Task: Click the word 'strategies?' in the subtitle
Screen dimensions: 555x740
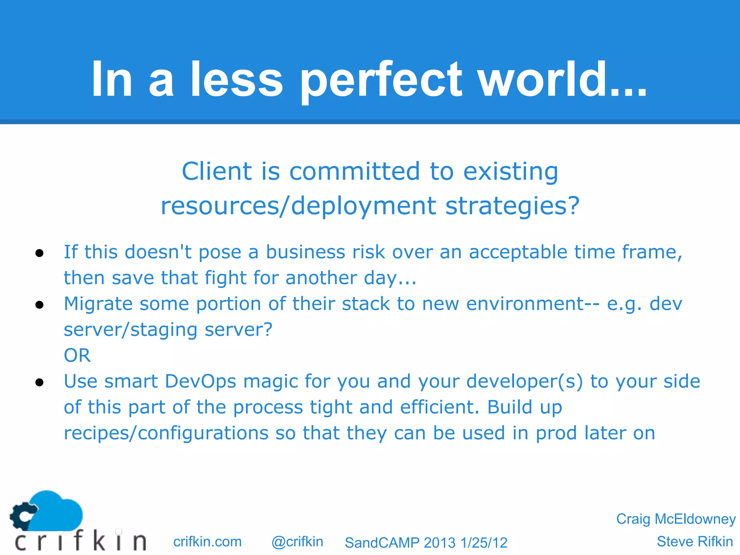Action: [x=512, y=206]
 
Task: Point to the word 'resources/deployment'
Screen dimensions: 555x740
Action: [x=298, y=206]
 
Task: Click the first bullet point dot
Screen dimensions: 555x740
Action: [x=40, y=253]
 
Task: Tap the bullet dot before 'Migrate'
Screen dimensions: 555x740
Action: [x=40, y=305]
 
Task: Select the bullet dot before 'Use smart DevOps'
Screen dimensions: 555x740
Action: [x=40, y=382]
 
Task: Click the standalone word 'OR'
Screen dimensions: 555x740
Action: [x=77, y=356]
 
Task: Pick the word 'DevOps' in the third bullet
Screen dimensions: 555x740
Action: [x=201, y=382]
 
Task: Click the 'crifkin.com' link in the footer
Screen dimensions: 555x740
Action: [x=207, y=542]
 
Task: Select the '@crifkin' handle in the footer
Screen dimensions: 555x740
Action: [x=297, y=542]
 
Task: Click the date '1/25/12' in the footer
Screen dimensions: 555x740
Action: [x=484, y=543]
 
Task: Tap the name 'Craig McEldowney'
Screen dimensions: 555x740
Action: [x=676, y=519]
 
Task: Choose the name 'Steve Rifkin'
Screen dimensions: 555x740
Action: [x=694, y=542]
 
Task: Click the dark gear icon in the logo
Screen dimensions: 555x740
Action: [x=22, y=516]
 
